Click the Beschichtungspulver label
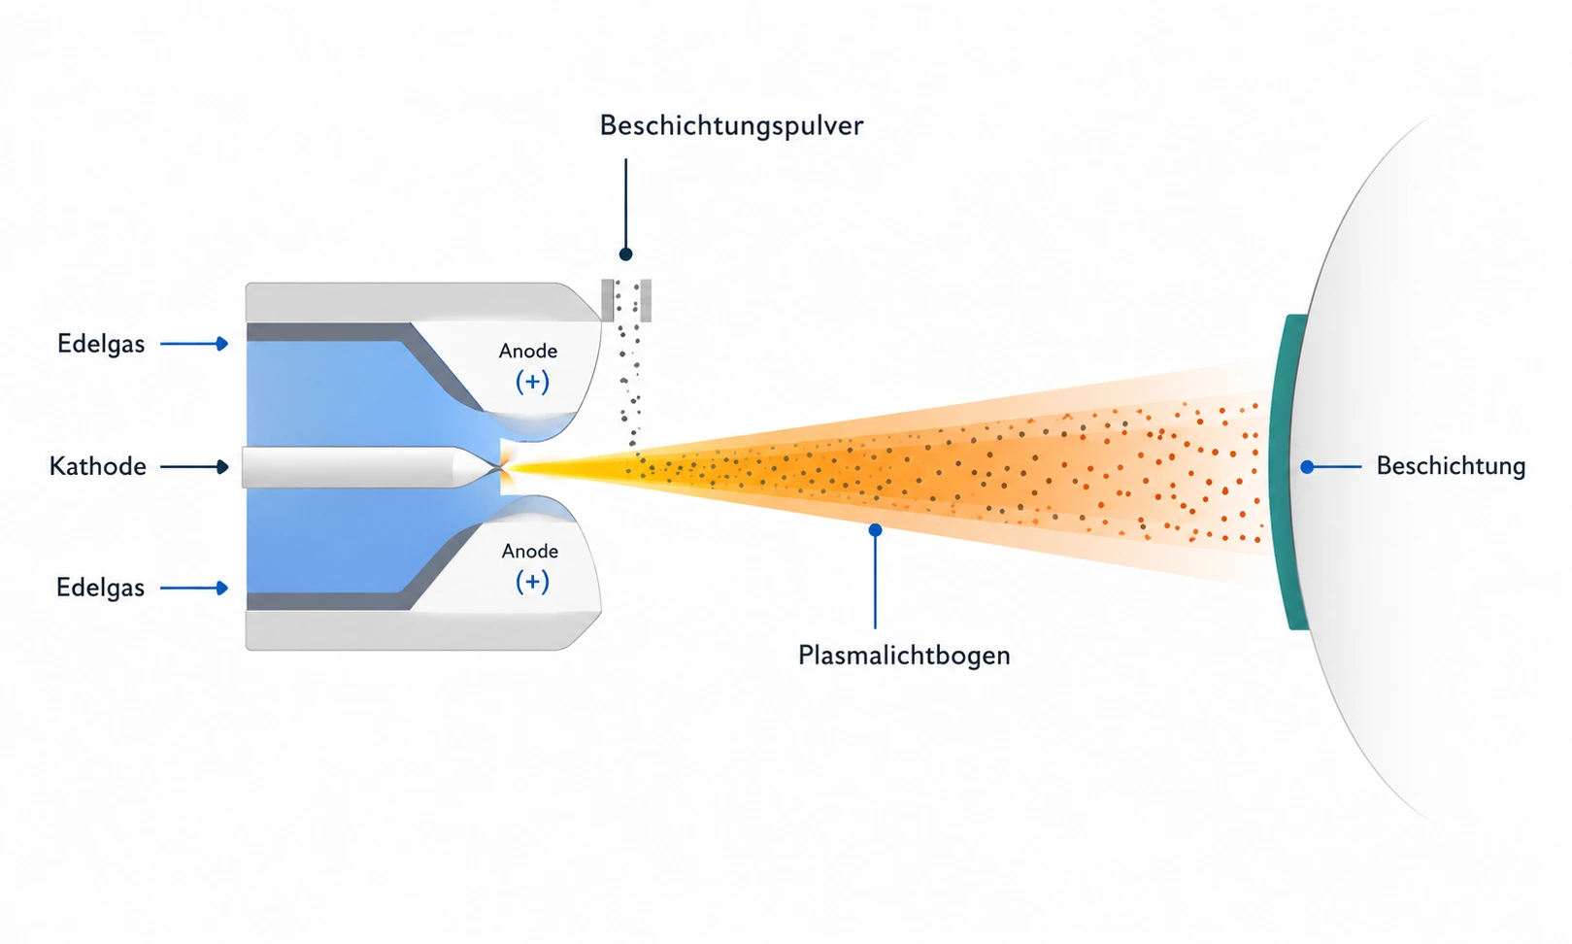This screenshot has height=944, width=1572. coord(730,126)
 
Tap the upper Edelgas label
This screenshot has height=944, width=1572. coord(101,344)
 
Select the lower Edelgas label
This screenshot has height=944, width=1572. coord(100,588)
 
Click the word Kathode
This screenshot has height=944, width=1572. coord(97,466)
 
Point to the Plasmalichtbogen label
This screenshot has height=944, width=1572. coord(904,656)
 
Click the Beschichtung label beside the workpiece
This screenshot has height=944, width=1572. coord(1451,466)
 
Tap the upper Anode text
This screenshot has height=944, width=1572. coord(528,351)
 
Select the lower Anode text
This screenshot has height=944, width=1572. coord(530,551)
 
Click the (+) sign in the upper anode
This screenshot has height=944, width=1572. coord(532,382)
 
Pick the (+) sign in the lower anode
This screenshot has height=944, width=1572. coord(532,582)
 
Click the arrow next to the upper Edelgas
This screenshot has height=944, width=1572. coord(194,343)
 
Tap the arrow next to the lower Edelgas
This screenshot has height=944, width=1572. coord(194,588)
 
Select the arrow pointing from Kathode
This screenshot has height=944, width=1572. coord(194,467)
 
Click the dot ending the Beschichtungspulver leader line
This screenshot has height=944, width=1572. coord(625,253)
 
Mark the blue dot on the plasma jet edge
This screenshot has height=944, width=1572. coord(875,530)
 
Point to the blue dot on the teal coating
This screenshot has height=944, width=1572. coord(1307,467)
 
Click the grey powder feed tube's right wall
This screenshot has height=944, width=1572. coord(646,300)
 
